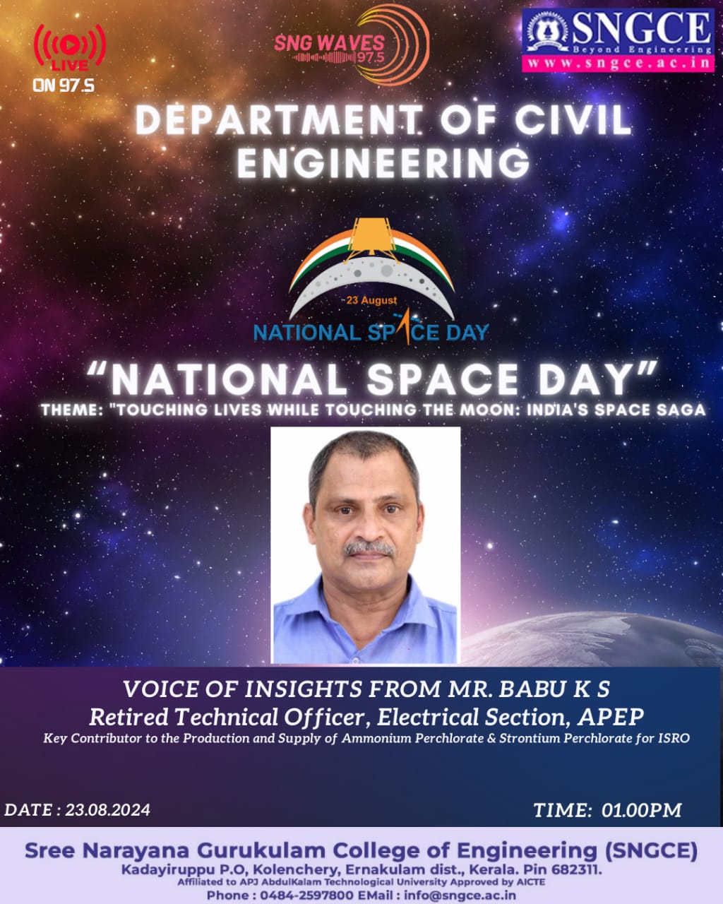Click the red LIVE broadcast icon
click(70, 47)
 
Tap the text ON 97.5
click(64, 85)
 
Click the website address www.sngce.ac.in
click(619, 63)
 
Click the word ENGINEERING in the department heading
click(383, 162)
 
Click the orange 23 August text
click(371, 300)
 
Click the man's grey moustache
click(369, 548)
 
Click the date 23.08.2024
click(107, 810)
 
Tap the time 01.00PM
click(642, 810)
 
